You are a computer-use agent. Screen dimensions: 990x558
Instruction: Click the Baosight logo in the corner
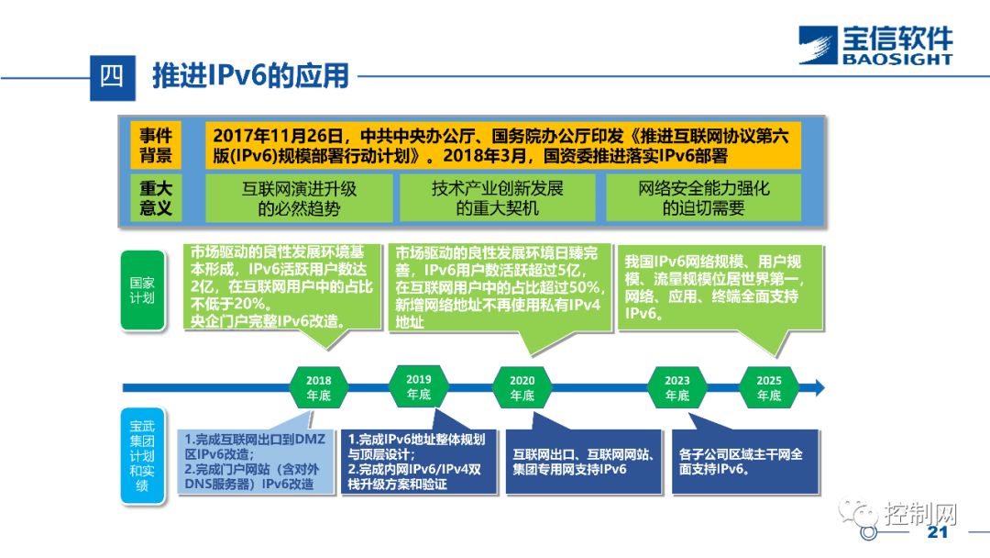click(x=874, y=45)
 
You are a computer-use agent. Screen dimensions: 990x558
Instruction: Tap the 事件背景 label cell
click(x=156, y=144)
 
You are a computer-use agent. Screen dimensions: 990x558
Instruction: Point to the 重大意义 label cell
click(x=156, y=197)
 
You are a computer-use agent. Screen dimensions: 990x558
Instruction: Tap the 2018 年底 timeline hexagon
click(x=319, y=387)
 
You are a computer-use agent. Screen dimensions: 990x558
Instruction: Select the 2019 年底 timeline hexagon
click(x=418, y=386)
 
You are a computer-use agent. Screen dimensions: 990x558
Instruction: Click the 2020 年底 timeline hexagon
click(x=522, y=387)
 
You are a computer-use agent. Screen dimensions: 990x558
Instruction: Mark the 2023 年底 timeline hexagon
click(x=676, y=387)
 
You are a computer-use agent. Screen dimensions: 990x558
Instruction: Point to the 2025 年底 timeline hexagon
click(x=768, y=387)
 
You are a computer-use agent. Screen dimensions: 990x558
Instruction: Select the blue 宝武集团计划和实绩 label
click(x=142, y=455)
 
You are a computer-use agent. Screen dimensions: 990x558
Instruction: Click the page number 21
click(x=936, y=533)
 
